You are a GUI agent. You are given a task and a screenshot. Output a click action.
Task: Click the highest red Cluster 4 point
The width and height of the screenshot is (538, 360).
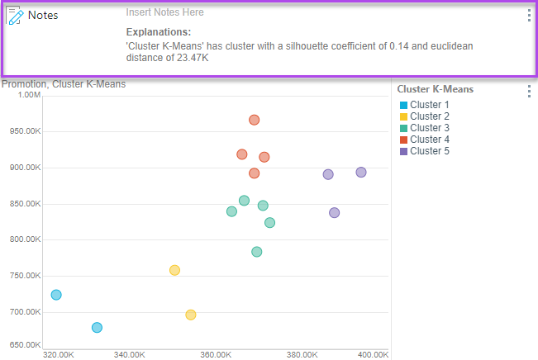[x=255, y=120]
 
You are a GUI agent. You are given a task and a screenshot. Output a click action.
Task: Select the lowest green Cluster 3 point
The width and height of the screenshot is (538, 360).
[x=257, y=252]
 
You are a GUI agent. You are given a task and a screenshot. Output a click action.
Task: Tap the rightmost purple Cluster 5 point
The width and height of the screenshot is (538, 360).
[x=361, y=173]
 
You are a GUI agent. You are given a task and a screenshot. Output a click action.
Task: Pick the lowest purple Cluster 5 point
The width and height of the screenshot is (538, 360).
[x=335, y=213]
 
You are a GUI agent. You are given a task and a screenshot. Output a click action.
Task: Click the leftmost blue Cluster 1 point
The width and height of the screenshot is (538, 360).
[x=56, y=295]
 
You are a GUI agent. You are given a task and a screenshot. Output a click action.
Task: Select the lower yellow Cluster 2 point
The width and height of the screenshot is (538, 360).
[x=191, y=315]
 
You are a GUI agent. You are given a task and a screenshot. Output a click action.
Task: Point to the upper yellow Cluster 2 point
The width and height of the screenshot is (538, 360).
[x=174, y=270]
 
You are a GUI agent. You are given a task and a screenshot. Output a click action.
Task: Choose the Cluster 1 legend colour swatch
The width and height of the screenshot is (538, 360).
[x=403, y=105]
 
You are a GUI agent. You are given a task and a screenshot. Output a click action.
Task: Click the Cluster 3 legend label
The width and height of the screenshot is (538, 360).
[x=430, y=128]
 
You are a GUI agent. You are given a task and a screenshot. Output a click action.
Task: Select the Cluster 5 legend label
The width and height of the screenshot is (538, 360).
[x=430, y=151]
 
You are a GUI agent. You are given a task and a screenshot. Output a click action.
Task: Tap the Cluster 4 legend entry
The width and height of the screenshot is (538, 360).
[x=430, y=140]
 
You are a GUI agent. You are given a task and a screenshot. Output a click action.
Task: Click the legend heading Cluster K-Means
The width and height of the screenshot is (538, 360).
[x=436, y=89]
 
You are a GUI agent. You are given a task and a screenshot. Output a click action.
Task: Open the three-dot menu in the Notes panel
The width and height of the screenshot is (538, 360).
[x=529, y=16]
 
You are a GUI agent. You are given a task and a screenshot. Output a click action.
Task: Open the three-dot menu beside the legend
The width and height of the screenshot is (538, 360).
[x=529, y=91]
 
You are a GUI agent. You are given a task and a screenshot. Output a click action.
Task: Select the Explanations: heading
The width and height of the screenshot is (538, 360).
[x=158, y=31]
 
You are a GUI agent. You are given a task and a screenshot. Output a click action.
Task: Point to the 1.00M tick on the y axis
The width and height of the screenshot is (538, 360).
[x=29, y=95]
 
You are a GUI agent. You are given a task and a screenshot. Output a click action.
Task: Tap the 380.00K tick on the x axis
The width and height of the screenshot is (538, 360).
[x=302, y=354]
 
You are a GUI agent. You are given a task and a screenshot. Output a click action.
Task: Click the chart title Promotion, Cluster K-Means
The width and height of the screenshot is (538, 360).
[x=64, y=84]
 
